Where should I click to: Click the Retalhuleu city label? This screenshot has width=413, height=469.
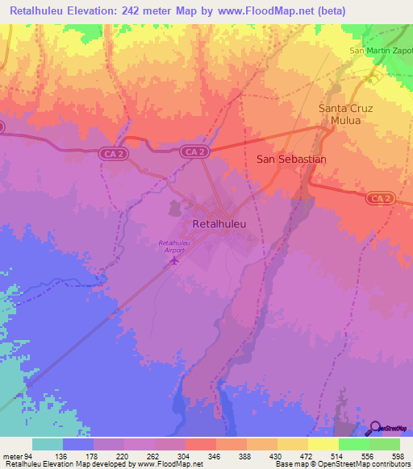tap(220, 223)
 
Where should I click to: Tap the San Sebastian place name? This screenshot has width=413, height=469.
tap(291, 160)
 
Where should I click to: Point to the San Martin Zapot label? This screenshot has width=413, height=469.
tap(380, 51)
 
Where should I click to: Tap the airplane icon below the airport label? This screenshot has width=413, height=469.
tap(178, 259)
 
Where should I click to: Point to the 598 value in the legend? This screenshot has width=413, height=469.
tap(398, 455)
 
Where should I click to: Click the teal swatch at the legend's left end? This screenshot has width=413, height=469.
tap(48, 444)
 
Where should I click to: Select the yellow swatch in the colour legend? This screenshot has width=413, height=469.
tap(323, 444)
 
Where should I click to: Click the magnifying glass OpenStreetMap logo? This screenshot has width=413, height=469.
tap(376, 428)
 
